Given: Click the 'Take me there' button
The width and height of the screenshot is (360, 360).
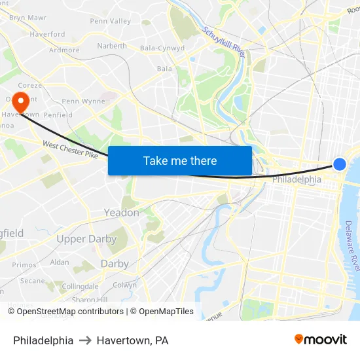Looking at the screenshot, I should pos(180,161).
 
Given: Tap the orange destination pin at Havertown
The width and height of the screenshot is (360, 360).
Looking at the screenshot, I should pos(21,102).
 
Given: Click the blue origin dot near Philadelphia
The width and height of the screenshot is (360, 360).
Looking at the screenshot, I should pos(340,164).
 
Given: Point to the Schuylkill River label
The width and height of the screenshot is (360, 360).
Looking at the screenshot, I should pos(224,42).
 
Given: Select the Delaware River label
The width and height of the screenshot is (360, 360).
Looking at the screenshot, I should pos(352,245).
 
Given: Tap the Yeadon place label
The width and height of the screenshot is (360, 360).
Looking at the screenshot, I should pos(121,213).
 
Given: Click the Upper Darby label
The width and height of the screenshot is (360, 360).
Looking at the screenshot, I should pos(86,239).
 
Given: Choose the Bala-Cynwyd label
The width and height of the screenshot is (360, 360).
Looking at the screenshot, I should pos(162,48).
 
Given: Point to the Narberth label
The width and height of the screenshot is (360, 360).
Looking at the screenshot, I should pos(112,46).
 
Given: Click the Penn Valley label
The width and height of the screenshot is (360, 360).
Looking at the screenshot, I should pos(111,21).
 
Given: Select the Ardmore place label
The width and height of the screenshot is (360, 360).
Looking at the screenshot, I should pos(64,50).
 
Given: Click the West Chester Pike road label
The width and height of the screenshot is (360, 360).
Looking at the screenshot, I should pos(70,153).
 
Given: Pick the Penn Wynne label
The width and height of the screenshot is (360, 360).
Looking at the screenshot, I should pos(83,101).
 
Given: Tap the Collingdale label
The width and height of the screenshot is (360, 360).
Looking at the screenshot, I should pos(80,287).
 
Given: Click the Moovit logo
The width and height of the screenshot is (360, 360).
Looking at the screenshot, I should pos(320,340).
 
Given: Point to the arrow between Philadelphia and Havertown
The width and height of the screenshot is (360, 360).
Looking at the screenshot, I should pos(85,340).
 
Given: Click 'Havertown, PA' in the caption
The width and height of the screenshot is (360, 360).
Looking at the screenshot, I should pos(133,340).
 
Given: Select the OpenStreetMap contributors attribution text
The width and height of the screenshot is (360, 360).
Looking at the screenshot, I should pos(65,312).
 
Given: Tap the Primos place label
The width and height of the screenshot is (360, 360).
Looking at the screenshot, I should pos(24,265).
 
